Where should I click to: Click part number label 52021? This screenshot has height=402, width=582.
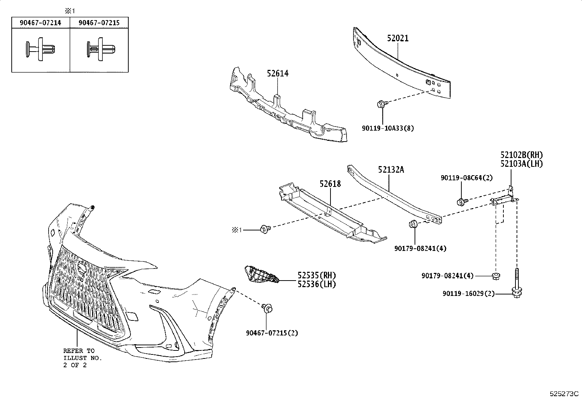tap(397, 38)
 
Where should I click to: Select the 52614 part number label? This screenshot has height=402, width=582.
tap(277, 74)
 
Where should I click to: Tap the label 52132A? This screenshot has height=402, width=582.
tap(391, 170)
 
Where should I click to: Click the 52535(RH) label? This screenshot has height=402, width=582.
tap(316, 275)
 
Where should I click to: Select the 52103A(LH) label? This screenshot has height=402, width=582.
tap(521, 164)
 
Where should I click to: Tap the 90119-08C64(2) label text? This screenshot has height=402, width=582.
tap(467, 178)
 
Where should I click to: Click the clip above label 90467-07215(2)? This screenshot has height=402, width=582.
tap(268, 309)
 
